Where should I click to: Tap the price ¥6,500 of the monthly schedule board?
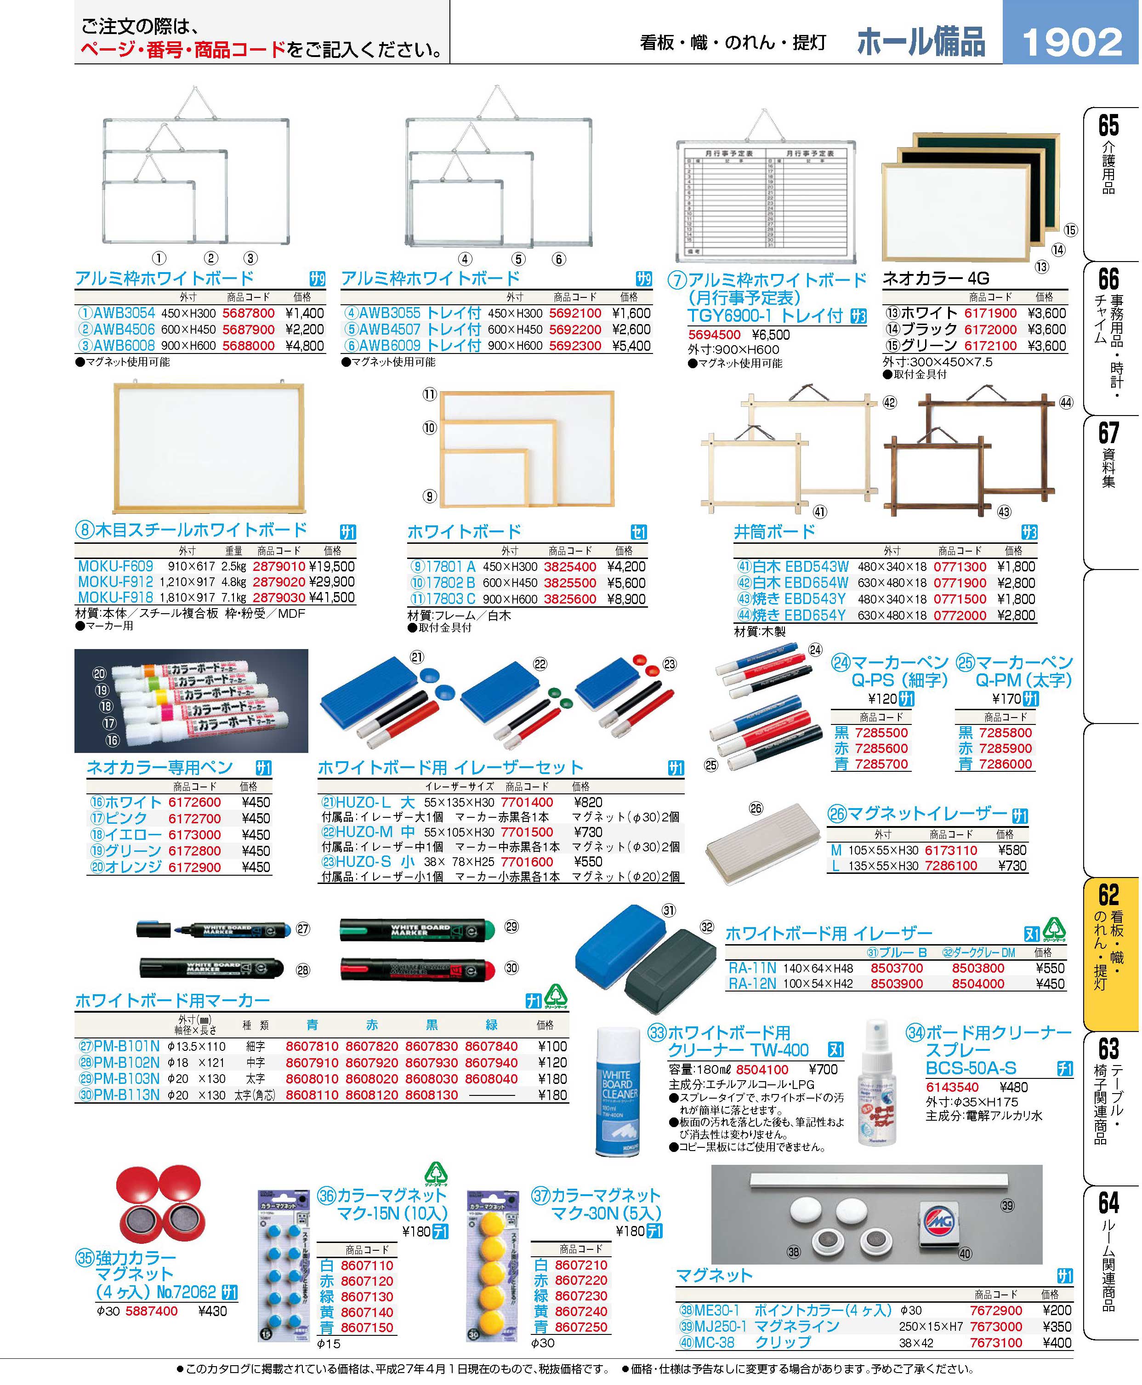point(772,335)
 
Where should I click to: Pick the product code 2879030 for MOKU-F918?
point(279,598)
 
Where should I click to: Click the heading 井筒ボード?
point(775,532)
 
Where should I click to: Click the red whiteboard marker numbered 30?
point(418,969)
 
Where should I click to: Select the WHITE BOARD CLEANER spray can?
point(617,1092)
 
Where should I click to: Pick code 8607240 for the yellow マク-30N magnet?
point(581,1312)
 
